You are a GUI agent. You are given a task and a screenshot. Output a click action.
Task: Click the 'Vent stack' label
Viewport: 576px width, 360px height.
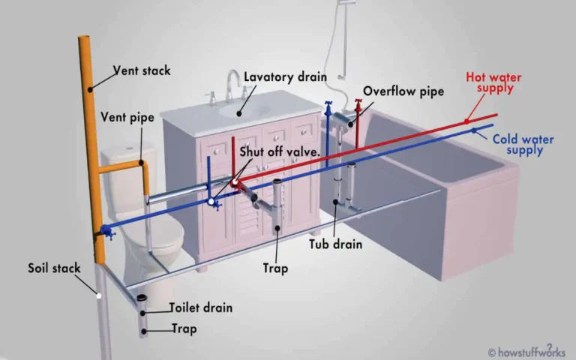142,71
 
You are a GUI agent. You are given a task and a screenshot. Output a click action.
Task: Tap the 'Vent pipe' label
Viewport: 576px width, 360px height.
127,117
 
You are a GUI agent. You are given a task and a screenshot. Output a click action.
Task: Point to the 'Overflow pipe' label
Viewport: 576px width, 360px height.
403,91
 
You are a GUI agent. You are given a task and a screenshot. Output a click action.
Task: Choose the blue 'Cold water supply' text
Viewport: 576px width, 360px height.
518,145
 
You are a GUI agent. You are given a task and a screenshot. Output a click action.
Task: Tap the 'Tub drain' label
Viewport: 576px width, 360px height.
336,244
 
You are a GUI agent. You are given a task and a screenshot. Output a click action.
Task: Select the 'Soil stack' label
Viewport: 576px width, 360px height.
54,268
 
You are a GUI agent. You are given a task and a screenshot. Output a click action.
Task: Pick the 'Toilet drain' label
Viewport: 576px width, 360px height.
200,307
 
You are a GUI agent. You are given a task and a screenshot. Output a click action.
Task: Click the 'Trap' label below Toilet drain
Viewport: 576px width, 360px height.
184,328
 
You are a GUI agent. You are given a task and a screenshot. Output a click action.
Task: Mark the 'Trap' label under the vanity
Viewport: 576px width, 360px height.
275,268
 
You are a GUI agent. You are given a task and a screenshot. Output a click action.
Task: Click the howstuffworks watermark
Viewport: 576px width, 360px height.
529,350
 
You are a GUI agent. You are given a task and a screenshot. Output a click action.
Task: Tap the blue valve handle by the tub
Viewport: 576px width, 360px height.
328,106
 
